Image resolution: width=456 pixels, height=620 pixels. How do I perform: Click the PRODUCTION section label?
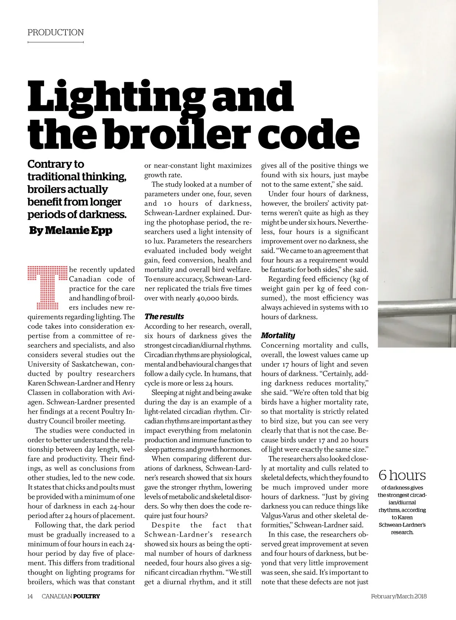(x=55, y=33)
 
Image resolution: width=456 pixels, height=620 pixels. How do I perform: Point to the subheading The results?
(x=164, y=317)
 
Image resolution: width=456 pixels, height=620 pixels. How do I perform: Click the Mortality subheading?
(x=278, y=335)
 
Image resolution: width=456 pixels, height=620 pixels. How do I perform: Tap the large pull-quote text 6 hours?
(x=402, y=475)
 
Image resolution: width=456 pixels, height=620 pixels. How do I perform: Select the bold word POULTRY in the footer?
(x=86, y=596)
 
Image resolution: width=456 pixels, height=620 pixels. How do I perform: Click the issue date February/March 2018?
(x=399, y=596)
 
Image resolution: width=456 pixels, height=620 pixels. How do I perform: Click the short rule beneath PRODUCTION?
(x=55, y=42)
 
